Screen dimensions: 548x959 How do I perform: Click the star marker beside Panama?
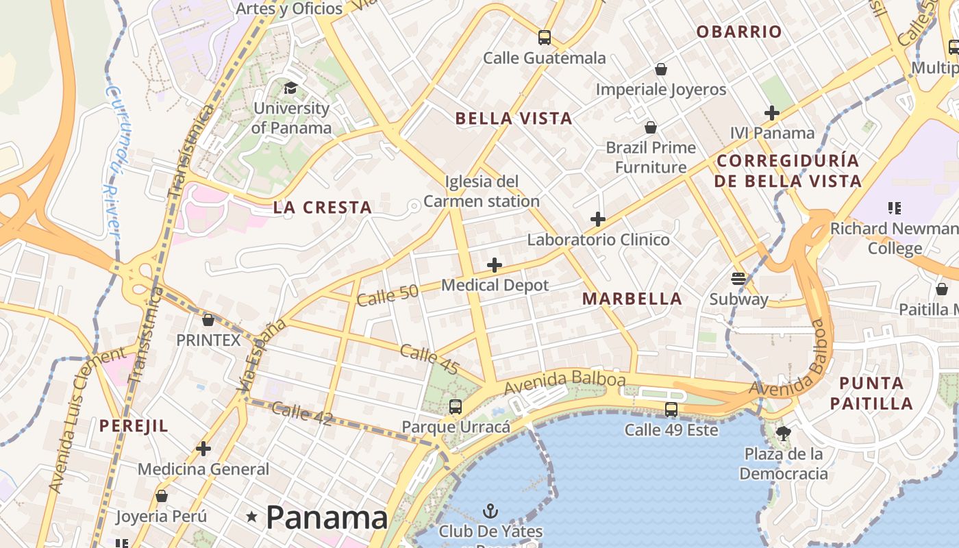252,516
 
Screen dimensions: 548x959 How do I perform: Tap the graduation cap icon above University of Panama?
291,88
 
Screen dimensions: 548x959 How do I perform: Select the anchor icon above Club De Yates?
490,510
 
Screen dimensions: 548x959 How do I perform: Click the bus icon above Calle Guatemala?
545,38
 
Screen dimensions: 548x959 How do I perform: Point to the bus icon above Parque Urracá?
456,406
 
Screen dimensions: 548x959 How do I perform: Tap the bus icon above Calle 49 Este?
671,410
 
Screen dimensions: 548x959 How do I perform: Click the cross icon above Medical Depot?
495,265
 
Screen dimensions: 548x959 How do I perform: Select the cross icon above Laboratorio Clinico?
598,219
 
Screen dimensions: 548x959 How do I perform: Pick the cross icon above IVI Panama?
772,112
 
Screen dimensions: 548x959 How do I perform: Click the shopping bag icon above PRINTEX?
208,320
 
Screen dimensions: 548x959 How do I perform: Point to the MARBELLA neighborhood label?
632,299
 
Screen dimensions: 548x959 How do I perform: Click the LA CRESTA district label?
323,208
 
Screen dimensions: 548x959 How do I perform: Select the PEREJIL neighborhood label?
134,425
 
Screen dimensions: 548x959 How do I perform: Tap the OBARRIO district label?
738,32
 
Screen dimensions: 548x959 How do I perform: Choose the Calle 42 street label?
302,414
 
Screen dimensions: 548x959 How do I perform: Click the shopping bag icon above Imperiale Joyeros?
661,69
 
